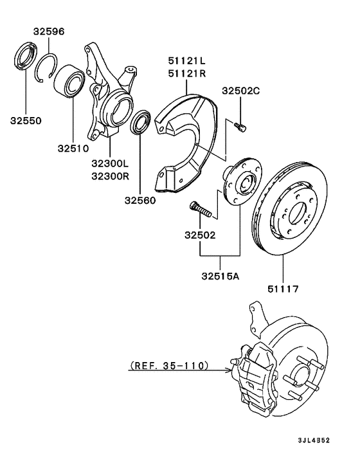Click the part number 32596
click(x=49, y=31)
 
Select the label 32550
click(x=25, y=120)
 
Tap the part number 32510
click(x=71, y=149)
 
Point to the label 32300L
click(x=111, y=164)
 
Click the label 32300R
click(x=111, y=176)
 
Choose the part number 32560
click(x=141, y=200)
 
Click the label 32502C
click(x=241, y=91)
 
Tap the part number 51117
click(x=283, y=289)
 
